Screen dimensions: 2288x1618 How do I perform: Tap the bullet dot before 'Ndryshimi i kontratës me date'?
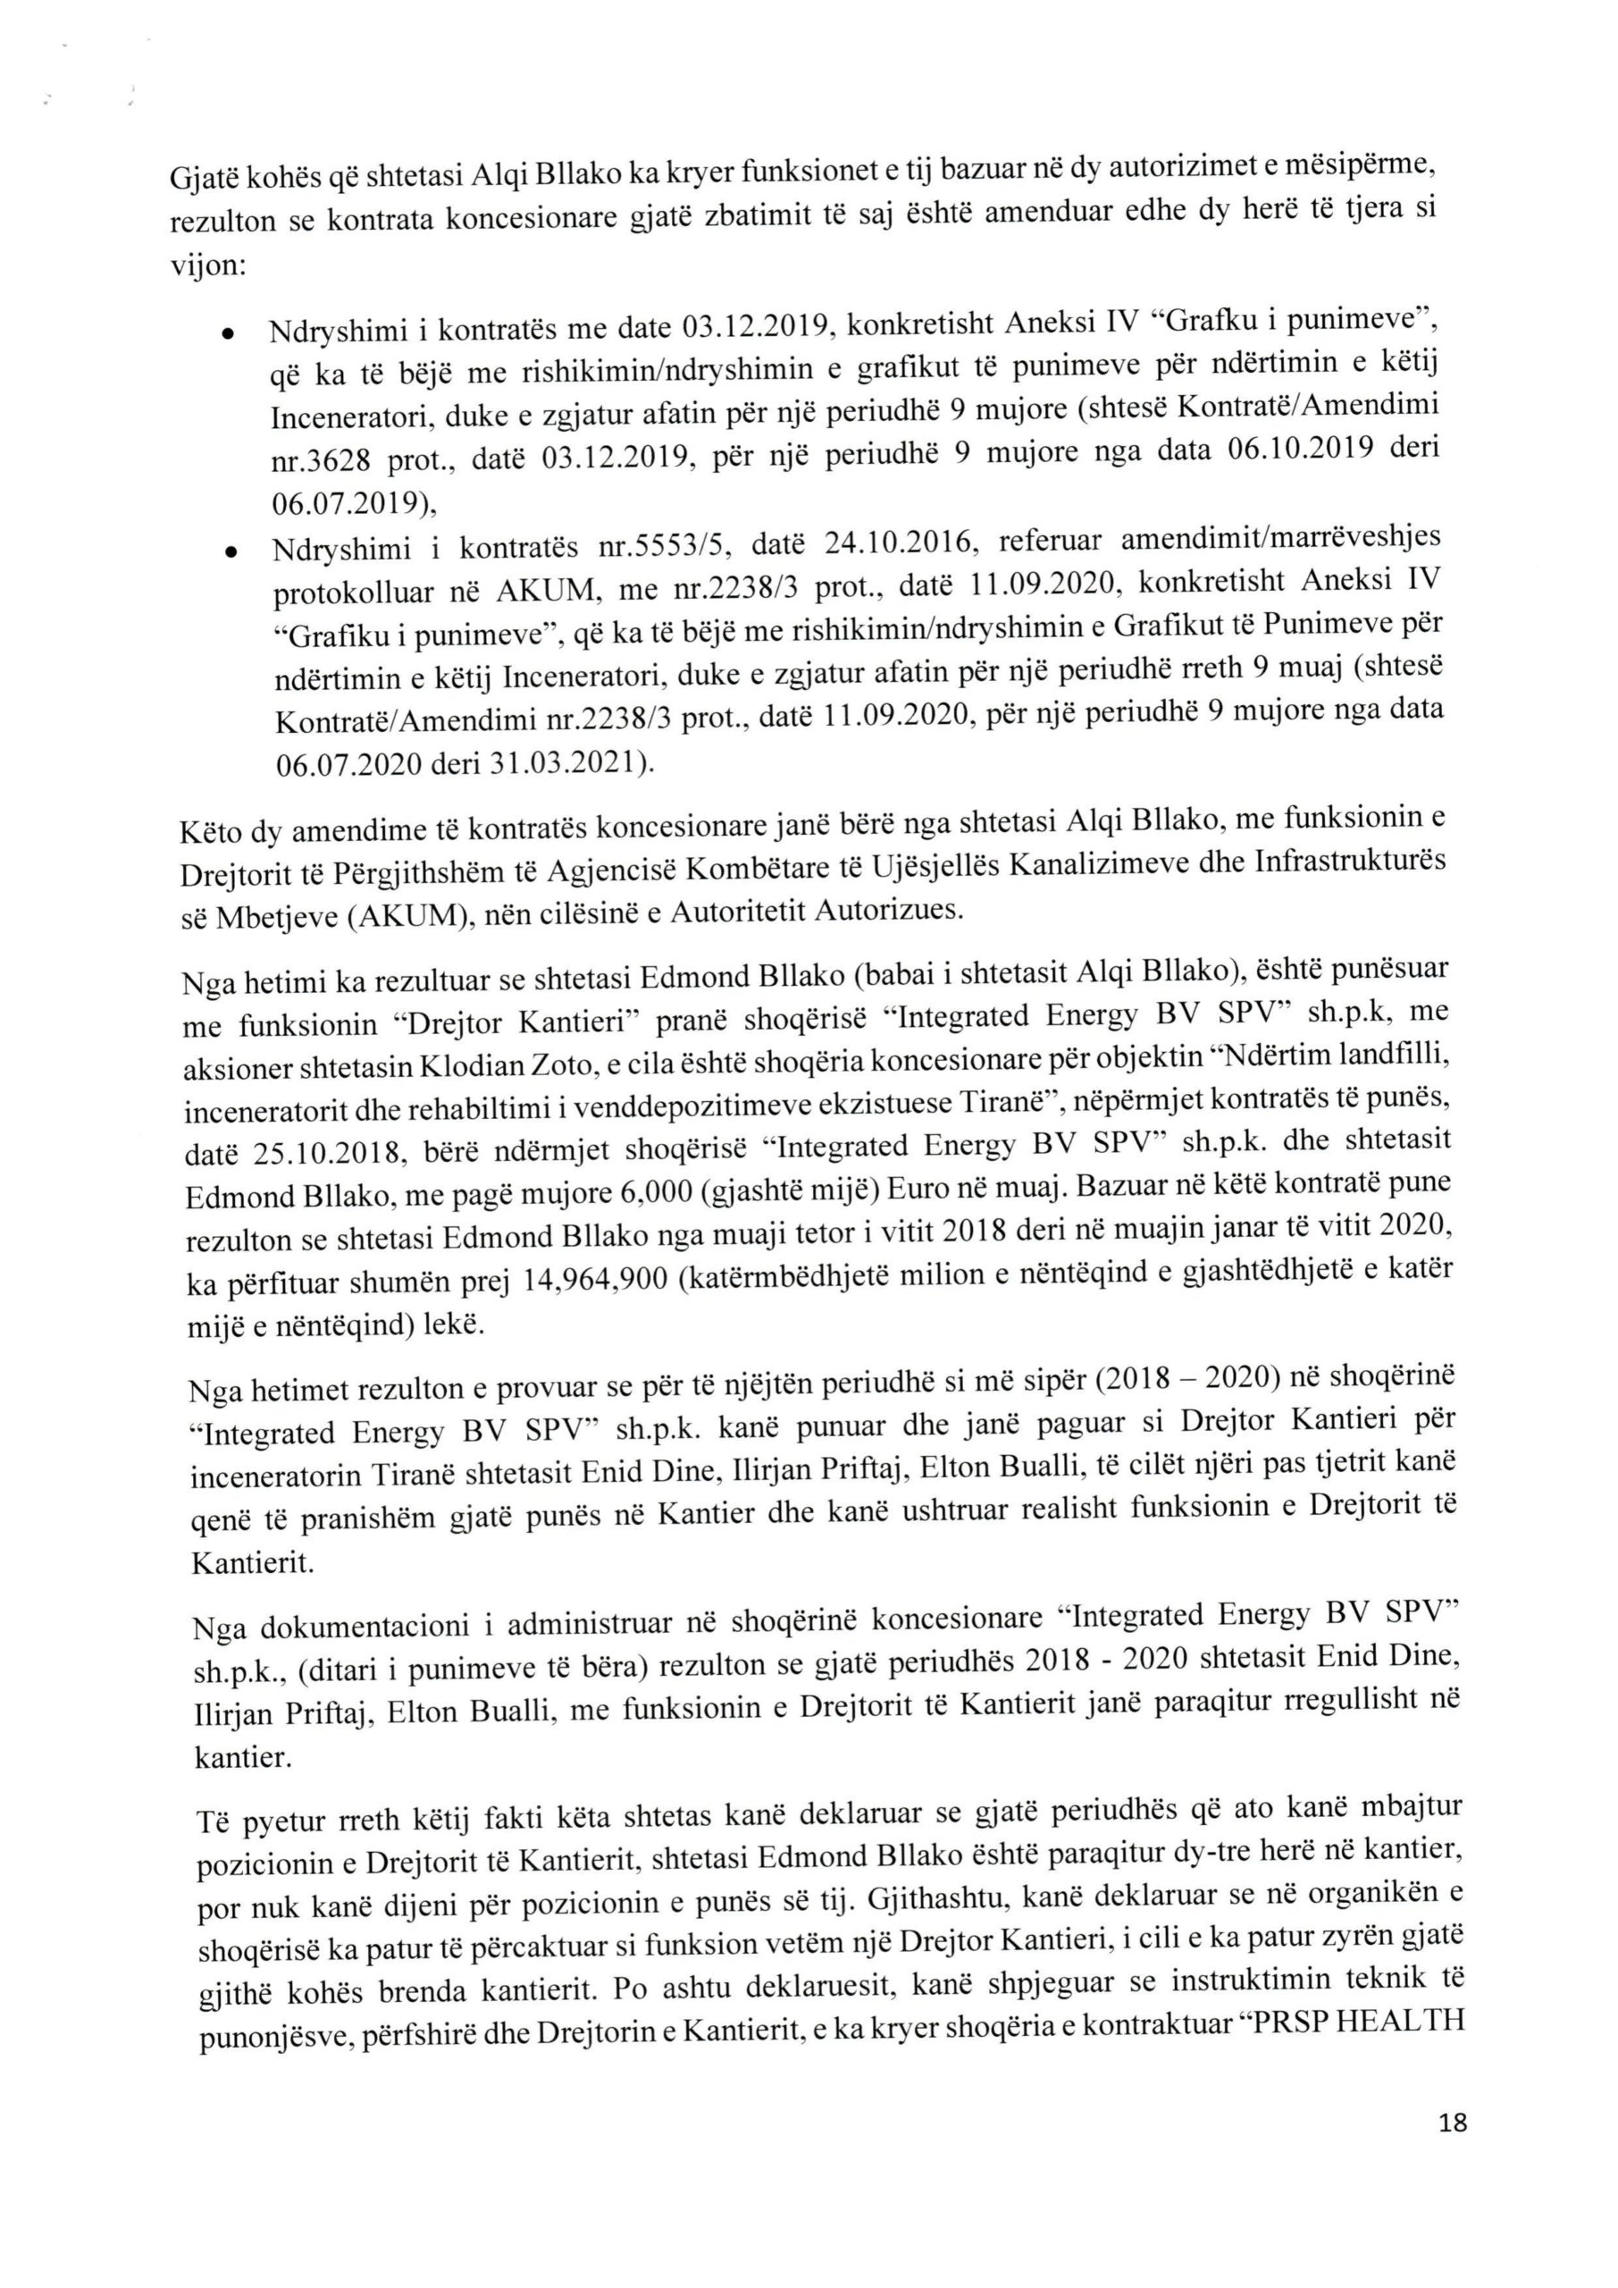229,334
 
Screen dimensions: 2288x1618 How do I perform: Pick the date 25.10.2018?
329,1154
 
